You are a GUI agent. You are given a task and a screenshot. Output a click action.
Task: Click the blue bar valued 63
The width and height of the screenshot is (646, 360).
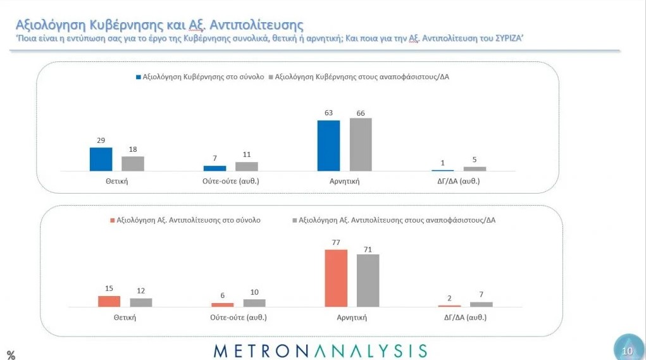click(328, 146)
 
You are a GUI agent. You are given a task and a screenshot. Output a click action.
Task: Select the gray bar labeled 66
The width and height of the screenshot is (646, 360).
click(361, 144)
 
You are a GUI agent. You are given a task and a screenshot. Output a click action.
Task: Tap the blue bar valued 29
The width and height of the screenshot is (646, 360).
click(101, 159)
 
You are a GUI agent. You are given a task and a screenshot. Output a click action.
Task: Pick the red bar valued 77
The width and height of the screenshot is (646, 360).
click(336, 278)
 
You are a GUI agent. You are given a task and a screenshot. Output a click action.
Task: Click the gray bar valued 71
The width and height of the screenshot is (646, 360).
click(368, 280)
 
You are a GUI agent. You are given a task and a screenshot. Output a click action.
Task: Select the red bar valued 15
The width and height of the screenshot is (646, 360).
click(109, 301)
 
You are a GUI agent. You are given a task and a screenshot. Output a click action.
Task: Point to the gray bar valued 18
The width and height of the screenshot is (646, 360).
click(133, 163)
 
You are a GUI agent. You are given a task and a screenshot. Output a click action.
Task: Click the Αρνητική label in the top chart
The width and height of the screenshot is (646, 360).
click(344, 181)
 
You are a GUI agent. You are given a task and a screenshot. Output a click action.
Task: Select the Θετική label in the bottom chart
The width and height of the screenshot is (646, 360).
click(125, 317)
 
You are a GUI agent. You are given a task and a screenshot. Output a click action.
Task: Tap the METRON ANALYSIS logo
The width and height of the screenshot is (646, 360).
click(320, 351)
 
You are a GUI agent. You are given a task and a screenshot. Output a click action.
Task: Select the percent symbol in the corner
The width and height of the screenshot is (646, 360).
click(11, 355)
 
